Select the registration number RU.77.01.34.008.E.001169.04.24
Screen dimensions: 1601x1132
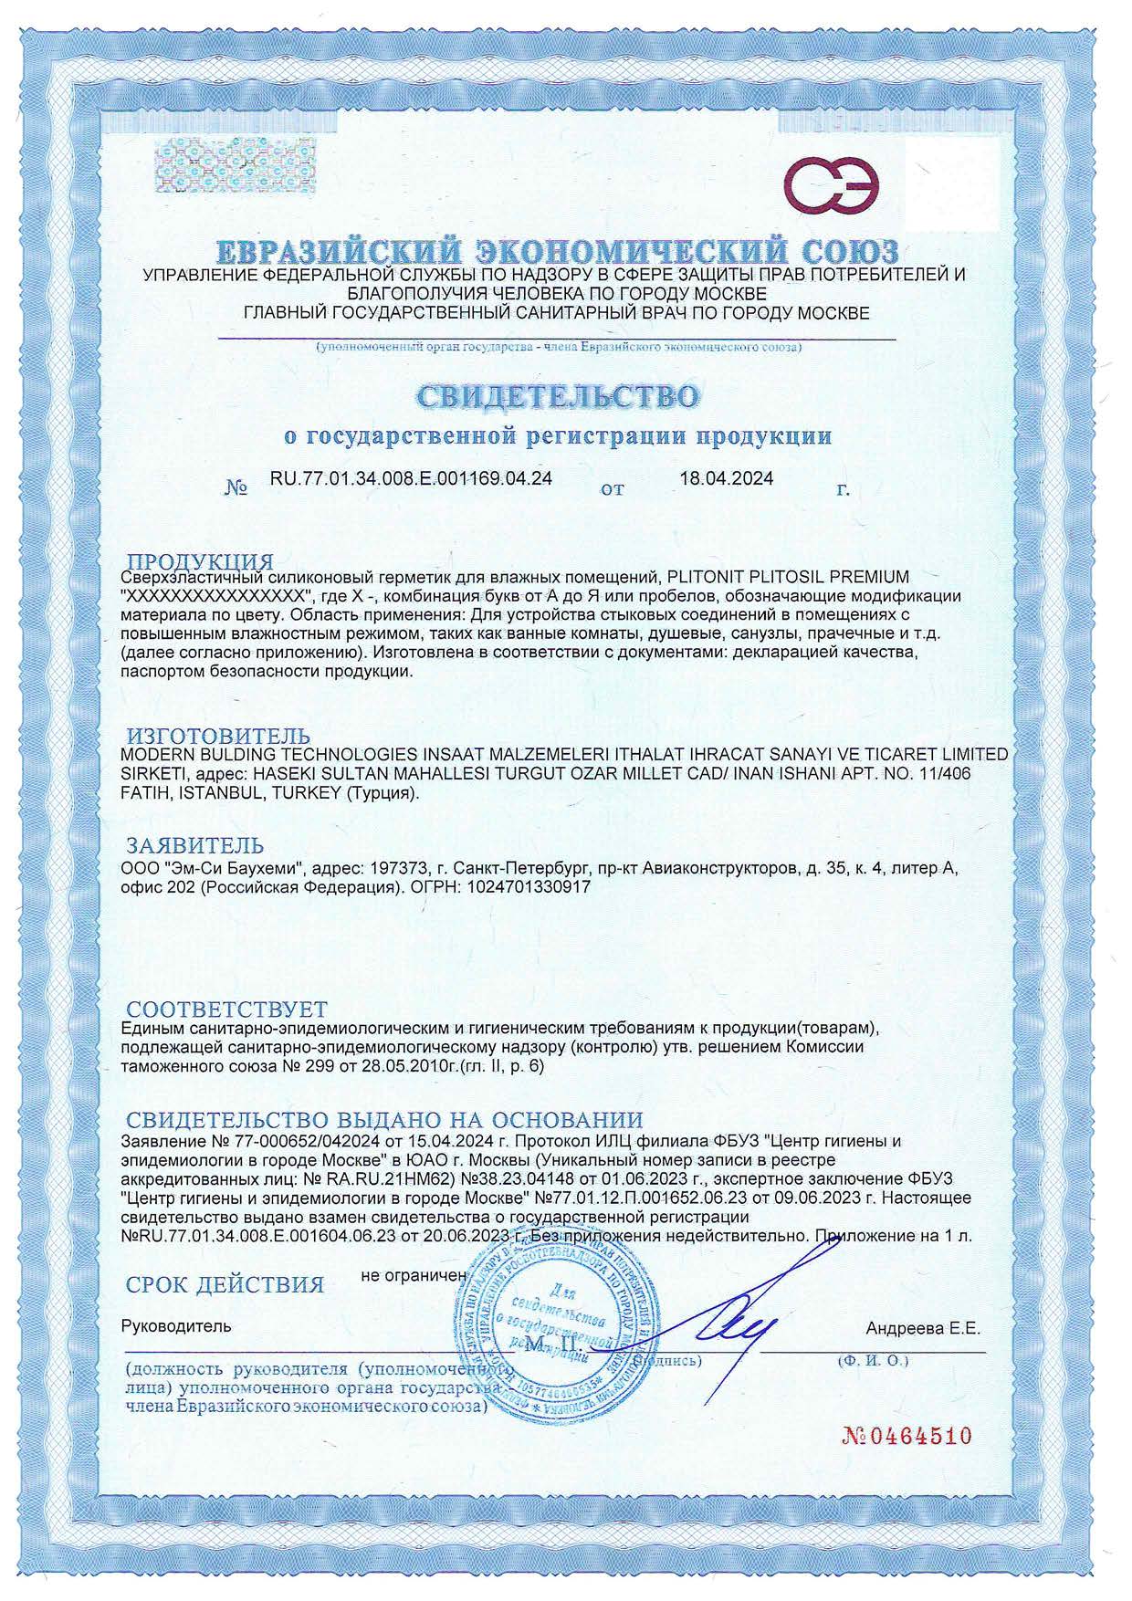[x=411, y=477]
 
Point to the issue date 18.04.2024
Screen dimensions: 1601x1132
[x=727, y=477]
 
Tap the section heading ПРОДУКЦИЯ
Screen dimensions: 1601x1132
[x=199, y=561]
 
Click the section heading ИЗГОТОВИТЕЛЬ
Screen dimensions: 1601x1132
[x=217, y=736]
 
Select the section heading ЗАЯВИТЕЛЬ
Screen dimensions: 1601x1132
[x=194, y=844]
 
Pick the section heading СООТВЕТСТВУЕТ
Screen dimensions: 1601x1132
[x=226, y=1010]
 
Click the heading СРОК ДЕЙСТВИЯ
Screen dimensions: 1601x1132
[x=225, y=1284]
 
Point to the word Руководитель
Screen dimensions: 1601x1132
[x=176, y=1325]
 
